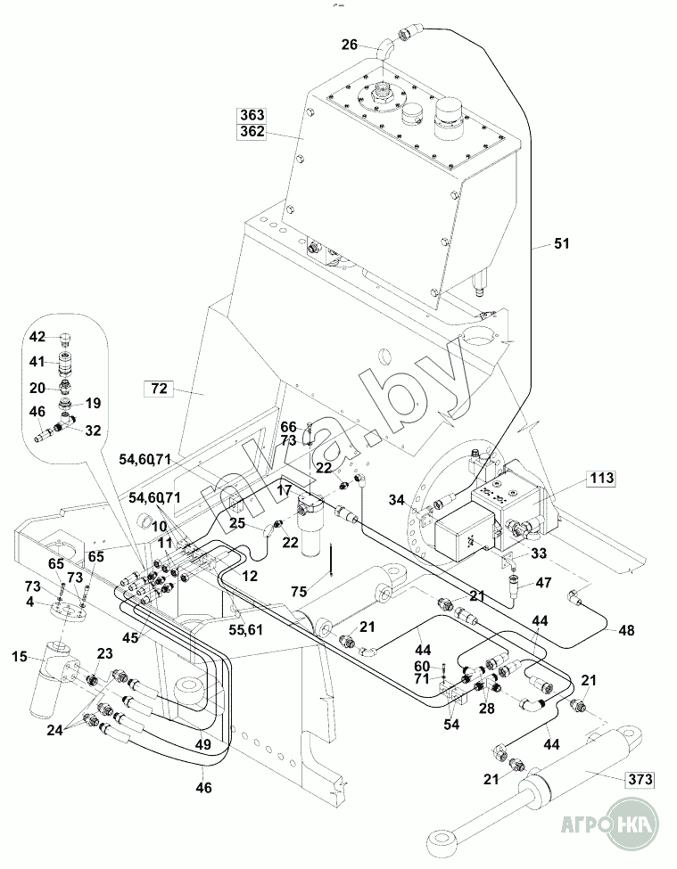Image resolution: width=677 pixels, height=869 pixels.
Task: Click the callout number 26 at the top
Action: coord(350,44)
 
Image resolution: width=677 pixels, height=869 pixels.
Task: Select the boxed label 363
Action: coord(252,116)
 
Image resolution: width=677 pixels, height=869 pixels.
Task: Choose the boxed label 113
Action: coord(601,479)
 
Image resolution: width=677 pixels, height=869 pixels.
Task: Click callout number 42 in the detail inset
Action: coord(37,337)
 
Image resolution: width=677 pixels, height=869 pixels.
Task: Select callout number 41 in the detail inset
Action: coord(37,362)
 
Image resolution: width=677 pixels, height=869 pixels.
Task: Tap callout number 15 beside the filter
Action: coord(21,658)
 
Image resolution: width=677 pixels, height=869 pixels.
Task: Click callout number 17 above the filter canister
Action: coord(284,490)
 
